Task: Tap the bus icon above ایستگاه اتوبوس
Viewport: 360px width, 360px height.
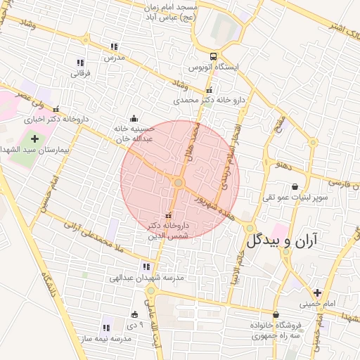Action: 212,57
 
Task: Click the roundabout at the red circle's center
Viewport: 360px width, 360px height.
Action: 179,183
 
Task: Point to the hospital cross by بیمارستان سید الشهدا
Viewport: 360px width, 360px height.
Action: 34,139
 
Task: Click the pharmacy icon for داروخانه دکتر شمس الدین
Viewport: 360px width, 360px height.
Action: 167,214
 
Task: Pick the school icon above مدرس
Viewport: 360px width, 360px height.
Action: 113,47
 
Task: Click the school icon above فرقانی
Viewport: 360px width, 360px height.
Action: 80,63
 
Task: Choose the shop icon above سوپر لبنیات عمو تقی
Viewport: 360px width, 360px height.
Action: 294,186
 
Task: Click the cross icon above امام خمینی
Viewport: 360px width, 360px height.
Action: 317,292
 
